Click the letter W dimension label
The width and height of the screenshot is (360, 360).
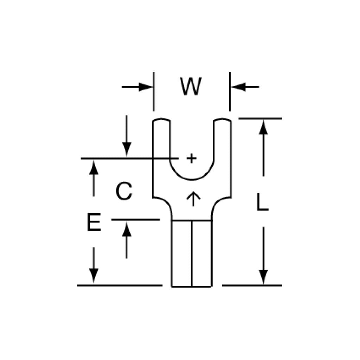coord(191,86)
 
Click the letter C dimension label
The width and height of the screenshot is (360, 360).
coord(124,191)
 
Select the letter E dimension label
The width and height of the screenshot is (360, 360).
coord(94,222)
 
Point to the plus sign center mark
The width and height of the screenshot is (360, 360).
coord(192,158)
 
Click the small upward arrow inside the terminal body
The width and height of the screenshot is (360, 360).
coord(193,199)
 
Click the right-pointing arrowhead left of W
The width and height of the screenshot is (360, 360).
coord(146,87)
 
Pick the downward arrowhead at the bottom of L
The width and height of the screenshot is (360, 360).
coord(263,277)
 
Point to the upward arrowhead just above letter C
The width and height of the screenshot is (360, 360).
coord(94,167)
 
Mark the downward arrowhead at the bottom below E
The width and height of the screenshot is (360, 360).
coord(94,276)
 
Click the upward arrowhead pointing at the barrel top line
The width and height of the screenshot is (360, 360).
coord(127,229)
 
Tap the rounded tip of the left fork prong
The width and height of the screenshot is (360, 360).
coord(161,120)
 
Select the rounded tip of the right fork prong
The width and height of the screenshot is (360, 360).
coord(222,120)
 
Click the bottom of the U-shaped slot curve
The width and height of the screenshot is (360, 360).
coord(192,180)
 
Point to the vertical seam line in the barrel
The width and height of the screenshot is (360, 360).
coord(192,254)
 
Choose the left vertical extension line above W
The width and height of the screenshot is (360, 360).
coord(154,91)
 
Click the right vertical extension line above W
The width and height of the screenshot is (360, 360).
coord(230,91)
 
